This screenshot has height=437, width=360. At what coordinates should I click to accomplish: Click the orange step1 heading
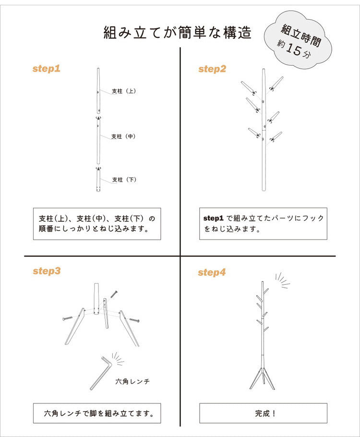pyautogui.click(x=47, y=69)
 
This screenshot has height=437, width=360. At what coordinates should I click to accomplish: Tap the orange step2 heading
pyautogui.click(x=212, y=69)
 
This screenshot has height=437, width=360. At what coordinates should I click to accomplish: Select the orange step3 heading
pyautogui.click(x=47, y=271)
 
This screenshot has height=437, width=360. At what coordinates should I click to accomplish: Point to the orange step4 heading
pyautogui.click(x=212, y=273)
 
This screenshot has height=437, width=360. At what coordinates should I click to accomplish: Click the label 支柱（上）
pyautogui.click(x=124, y=91)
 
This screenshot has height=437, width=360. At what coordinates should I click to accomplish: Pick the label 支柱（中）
pyautogui.click(x=123, y=136)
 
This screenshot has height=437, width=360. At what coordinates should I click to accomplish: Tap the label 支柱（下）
pyautogui.click(x=124, y=180)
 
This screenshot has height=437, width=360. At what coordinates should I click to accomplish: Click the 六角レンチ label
pyautogui.click(x=132, y=381)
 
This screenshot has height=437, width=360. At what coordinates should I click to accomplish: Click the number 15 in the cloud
pyautogui.click(x=294, y=49)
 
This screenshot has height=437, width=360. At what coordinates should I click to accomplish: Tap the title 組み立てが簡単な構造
pyautogui.click(x=178, y=32)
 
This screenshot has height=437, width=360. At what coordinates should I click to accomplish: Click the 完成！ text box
pyautogui.click(x=263, y=413)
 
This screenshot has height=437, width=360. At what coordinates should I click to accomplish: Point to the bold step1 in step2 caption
pyautogui.click(x=214, y=218)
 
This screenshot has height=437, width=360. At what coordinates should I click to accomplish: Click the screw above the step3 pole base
pyautogui.click(x=114, y=294)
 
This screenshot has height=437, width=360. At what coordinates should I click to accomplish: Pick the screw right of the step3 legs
pyautogui.click(x=134, y=320)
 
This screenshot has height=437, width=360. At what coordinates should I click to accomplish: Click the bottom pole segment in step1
pyautogui.click(x=98, y=180)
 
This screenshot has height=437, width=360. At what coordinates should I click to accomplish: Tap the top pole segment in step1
pyautogui.click(x=98, y=91)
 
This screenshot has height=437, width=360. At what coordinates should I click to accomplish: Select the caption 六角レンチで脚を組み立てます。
pyautogui.click(x=99, y=413)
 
